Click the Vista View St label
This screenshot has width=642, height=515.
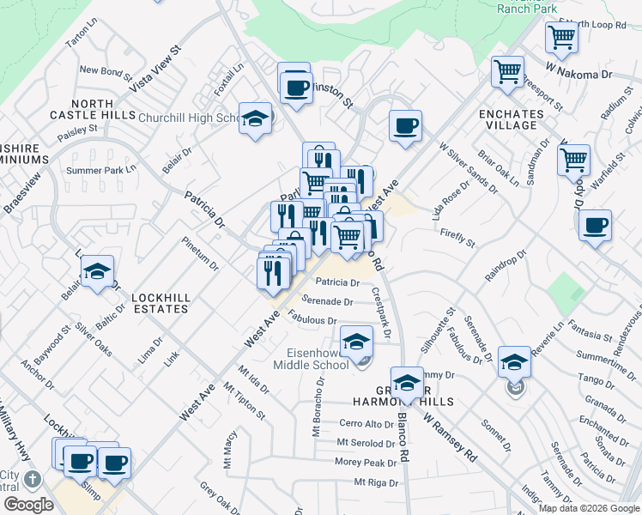155,69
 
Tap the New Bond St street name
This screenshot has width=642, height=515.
102,70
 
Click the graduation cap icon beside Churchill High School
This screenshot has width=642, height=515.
255,119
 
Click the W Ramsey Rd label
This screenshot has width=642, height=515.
449,439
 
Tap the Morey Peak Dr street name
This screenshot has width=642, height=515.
366,462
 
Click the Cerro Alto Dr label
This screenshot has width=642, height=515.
366,423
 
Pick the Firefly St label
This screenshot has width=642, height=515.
457,238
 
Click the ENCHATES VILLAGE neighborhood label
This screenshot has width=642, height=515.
512,119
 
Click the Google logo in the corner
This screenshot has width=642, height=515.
28,505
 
